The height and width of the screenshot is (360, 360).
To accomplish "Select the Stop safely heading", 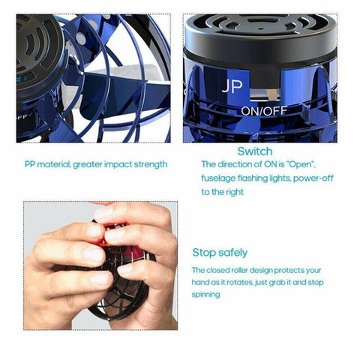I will [220, 252].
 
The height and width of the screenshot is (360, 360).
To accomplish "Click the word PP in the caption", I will [29, 163].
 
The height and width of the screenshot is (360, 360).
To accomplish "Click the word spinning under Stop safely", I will [206, 295].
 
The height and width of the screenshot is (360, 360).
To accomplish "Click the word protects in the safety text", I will [291, 270].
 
